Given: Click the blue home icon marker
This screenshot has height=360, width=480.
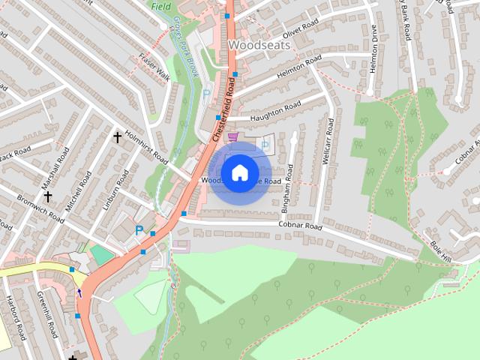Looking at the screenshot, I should (x=239, y=172).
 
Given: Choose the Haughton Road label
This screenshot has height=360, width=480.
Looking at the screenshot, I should (x=276, y=110).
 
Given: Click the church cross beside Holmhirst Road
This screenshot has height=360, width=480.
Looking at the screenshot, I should (x=117, y=137).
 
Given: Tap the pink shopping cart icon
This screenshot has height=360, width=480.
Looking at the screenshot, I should (x=232, y=137).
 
